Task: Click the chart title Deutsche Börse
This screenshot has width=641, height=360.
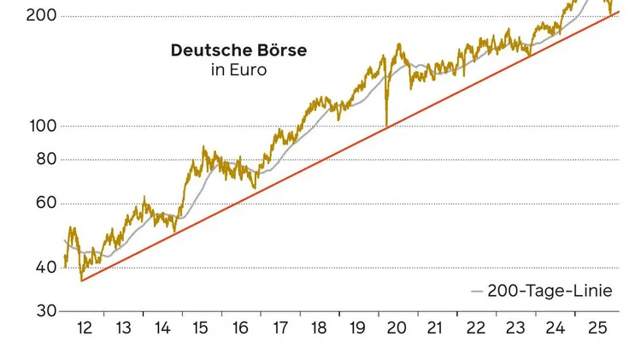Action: pyautogui.click(x=238, y=50)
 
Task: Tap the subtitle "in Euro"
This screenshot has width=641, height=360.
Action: pyautogui.click(x=238, y=70)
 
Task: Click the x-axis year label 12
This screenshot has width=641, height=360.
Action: pyautogui.click(x=84, y=328)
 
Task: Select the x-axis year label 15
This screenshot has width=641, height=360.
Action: pyautogui.click(x=201, y=328)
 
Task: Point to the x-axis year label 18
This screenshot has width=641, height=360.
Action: pyautogui.click(x=318, y=328)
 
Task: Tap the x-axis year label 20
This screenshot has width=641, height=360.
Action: pyautogui.click(x=396, y=328)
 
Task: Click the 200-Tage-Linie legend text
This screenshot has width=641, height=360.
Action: pyautogui.click(x=550, y=291)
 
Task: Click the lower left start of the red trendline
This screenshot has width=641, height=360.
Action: pyautogui.click(x=81, y=280)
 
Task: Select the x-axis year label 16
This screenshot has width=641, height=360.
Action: pyautogui.click(x=240, y=328)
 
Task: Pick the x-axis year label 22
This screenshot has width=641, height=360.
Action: pyautogui.click(x=474, y=328)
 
